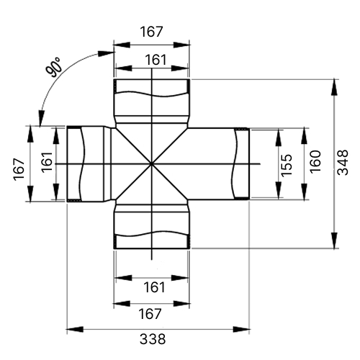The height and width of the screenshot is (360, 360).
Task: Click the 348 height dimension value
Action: click(343, 163)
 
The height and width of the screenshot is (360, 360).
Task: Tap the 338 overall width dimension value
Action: click(153, 339)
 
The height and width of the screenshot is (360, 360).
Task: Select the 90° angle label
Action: click(53, 67)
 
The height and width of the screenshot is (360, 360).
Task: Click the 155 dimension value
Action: click(287, 166)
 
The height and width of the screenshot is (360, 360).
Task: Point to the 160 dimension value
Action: click(315, 161)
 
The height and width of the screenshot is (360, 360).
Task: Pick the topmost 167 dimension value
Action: click(151, 32)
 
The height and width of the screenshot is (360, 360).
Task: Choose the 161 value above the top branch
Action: click(156, 60)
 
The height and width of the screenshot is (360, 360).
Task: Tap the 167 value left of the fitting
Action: click(19, 169)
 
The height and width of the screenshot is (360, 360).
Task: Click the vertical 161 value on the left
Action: click(47, 162)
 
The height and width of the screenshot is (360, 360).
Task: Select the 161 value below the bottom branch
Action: click(154, 287)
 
